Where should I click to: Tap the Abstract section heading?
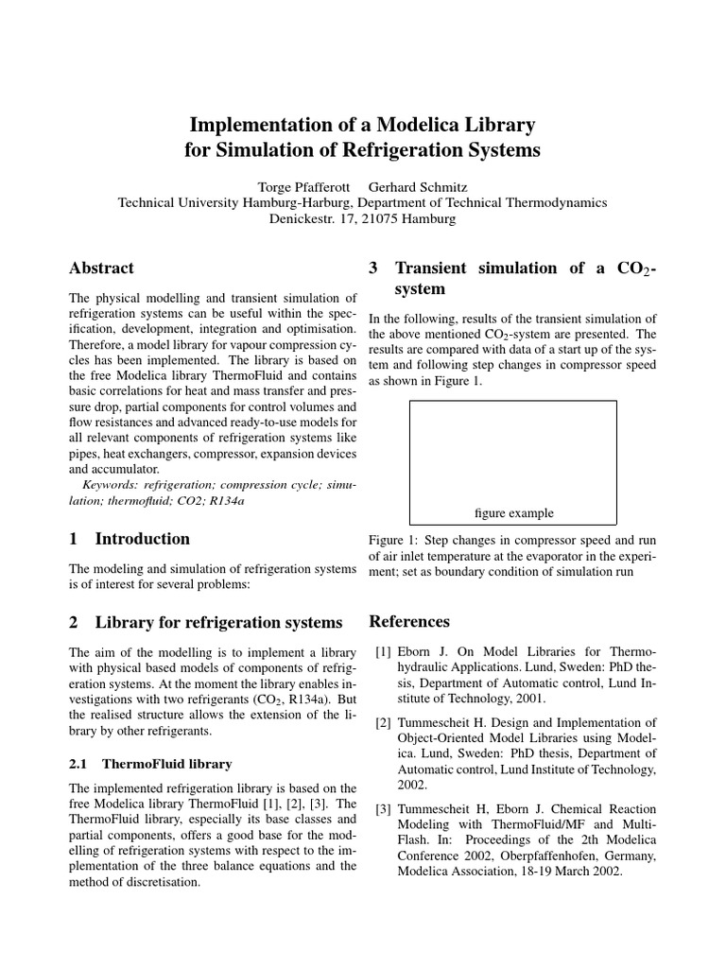(102, 268)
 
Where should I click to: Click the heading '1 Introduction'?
(130, 539)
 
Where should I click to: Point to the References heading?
(409, 621)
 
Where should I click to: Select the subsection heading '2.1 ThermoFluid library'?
(151, 763)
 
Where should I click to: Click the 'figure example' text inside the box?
(513, 513)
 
